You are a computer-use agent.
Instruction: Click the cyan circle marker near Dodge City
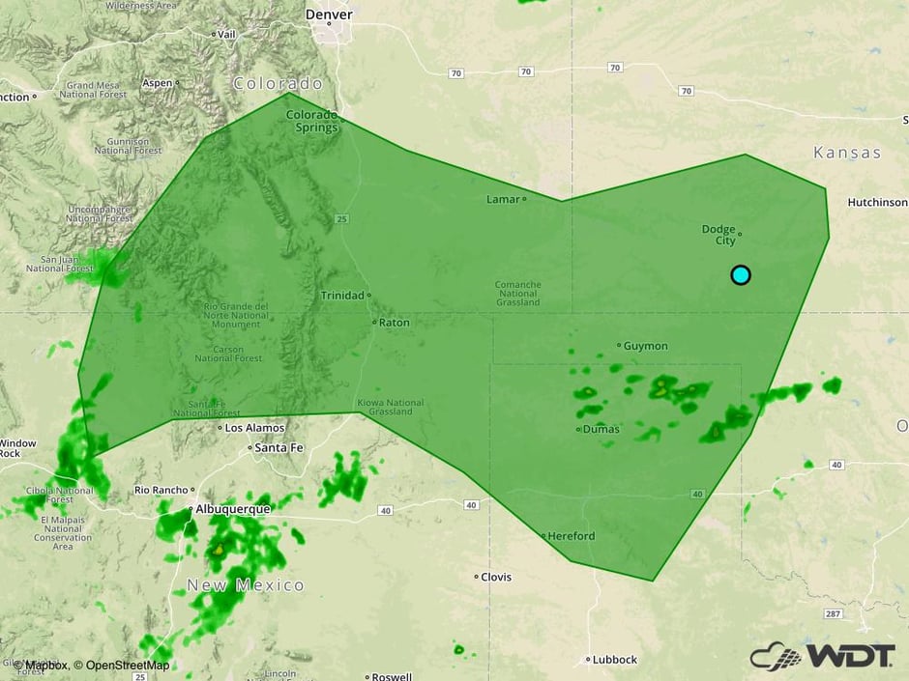(x=741, y=275)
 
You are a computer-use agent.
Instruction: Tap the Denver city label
(x=329, y=14)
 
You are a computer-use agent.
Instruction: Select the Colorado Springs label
(x=311, y=121)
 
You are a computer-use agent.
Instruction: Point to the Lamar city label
(x=502, y=199)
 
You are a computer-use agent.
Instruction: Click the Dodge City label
(x=718, y=235)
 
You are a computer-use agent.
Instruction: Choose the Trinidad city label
(x=342, y=295)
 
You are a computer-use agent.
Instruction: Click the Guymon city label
(x=645, y=345)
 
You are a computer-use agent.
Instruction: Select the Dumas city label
(x=600, y=429)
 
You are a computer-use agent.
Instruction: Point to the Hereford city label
(x=571, y=535)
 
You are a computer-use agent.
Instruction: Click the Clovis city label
(x=496, y=577)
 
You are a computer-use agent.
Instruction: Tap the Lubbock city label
(x=615, y=660)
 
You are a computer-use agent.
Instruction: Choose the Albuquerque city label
(x=232, y=507)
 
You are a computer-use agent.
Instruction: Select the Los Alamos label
(x=254, y=427)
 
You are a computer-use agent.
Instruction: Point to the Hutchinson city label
(x=877, y=203)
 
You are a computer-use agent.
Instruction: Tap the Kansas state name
(x=847, y=153)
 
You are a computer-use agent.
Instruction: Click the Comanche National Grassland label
(x=517, y=293)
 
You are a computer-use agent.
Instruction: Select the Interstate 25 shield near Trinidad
(x=342, y=220)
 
